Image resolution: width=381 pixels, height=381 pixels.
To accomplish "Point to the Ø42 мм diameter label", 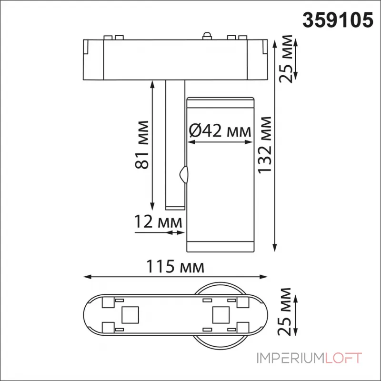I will click(220, 130).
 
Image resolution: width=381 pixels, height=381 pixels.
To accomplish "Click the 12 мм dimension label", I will click(159, 221).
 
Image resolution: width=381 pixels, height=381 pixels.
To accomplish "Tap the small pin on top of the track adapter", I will click(207, 35).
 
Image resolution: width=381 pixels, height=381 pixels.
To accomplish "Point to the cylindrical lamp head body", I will click(220, 190).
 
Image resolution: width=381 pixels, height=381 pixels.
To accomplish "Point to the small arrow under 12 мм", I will click(174, 233).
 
